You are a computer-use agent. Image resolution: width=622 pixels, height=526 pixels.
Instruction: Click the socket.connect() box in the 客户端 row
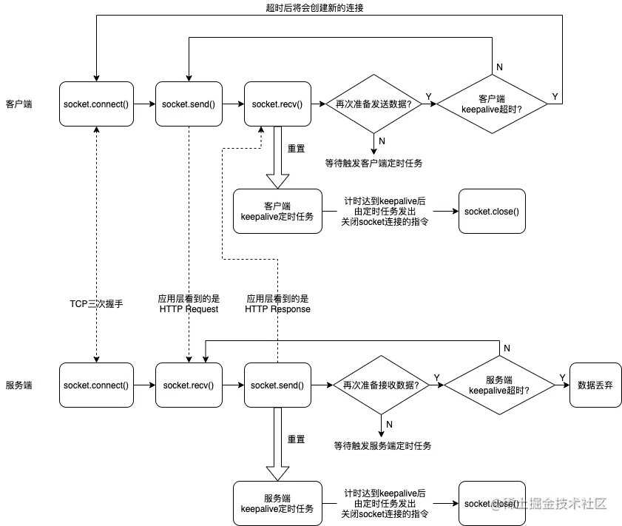click(x=96, y=104)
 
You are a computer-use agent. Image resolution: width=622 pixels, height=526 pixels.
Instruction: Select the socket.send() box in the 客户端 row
click(x=189, y=104)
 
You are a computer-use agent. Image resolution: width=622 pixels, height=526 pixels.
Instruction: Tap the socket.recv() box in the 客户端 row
click(x=277, y=104)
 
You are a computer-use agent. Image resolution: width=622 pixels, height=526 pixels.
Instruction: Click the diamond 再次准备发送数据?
click(x=373, y=104)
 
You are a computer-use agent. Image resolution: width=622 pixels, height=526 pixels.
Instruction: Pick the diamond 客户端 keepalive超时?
click(x=492, y=104)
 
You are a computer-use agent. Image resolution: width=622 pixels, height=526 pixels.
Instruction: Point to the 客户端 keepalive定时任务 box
click(x=277, y=211)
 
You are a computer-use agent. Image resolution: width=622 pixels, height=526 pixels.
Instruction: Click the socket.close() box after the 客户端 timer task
click(x=492, y=211)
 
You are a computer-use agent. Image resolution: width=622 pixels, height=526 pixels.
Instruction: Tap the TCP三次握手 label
click(x=96, y=304)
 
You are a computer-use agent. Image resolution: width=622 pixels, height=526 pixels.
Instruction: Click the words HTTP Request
click(x=189, y=309)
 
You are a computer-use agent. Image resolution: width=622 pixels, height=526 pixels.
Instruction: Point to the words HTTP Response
click(x=277, y=309)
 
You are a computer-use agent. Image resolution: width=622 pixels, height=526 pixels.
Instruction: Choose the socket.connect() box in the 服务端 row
click(x=96, y=385)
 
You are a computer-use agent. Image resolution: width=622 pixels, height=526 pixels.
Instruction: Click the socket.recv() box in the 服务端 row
click(x=189, y=385)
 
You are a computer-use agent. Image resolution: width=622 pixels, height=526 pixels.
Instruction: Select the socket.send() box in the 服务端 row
click(x=277, y=385)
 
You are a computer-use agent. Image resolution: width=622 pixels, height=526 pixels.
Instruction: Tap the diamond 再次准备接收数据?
click(x=381, y=385)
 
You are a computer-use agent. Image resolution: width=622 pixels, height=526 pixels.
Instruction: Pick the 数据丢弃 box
click(x=595, y=385)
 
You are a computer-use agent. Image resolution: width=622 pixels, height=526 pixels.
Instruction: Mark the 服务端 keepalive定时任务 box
click(x=277, y=503)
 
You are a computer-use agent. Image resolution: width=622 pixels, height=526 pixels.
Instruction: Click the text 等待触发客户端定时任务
click(x=373, y=163)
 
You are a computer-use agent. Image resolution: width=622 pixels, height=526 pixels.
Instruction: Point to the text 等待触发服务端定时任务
click(x=382, y=445)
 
